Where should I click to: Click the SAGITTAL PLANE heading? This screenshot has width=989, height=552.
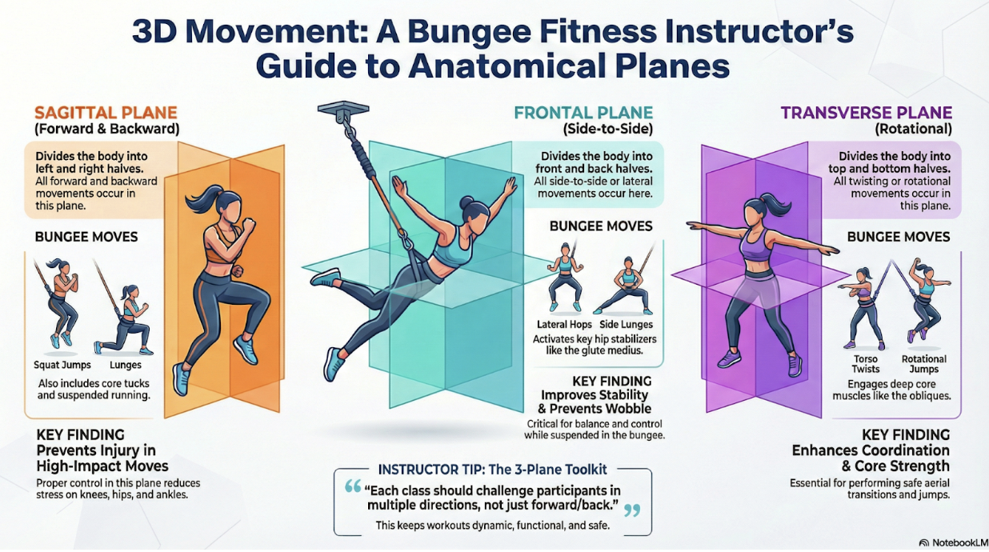point(106,113)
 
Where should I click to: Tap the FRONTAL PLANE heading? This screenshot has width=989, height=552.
point(583,113)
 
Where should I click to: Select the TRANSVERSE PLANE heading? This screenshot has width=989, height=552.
point(867,113)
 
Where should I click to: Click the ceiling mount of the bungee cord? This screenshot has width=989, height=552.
point(343,111)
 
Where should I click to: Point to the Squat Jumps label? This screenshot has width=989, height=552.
point(62,365)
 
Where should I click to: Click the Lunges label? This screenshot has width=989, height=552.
point(126,366)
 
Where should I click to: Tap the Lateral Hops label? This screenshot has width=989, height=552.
point(564,325)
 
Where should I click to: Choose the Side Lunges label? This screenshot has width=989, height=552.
point(626,325)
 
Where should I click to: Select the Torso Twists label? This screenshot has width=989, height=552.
point(866,364)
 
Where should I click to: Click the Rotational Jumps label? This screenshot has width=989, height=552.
point(923,364)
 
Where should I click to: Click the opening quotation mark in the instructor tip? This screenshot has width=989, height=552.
point(353,486)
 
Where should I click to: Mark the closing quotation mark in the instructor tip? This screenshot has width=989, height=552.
point(632,511)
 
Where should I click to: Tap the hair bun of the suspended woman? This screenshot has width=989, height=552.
point(467,202)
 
